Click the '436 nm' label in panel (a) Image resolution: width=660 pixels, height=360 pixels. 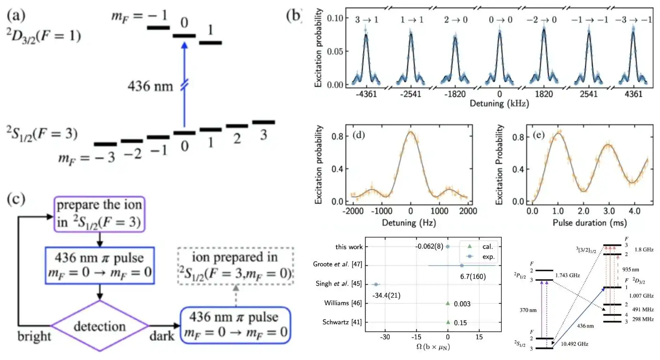tap(152, 86)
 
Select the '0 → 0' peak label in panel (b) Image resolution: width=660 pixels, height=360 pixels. tap(500, 20)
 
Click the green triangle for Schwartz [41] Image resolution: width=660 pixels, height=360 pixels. tap(448, 322)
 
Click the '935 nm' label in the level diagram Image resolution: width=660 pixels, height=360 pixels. tap(638, 270)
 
